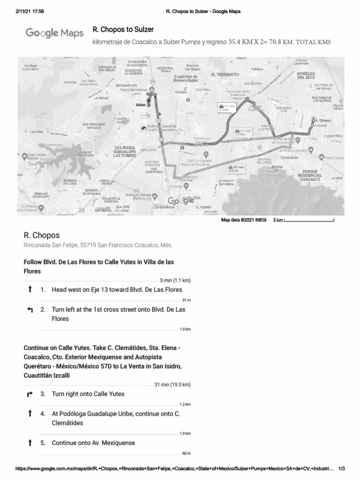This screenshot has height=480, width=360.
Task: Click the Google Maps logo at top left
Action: [x=53, y=33]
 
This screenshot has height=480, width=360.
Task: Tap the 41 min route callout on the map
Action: [x=226, y=108]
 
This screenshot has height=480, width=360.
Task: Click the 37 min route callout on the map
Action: [x=242, y=132]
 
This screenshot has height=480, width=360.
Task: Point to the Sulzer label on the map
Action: [x=140, y=105]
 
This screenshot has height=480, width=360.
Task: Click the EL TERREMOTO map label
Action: [x=225, y=75]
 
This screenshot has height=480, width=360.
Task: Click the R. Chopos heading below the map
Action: [x=42, y=235]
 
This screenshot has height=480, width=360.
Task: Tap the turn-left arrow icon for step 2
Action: [x=30, y=310]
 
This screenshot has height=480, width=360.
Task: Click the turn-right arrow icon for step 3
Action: [x=30, y=394]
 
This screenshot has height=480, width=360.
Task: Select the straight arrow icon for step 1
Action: [x=30, y=290]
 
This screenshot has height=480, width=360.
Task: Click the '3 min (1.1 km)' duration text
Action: [x=174, y=280]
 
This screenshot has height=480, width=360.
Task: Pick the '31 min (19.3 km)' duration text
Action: [x=172, y=384]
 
